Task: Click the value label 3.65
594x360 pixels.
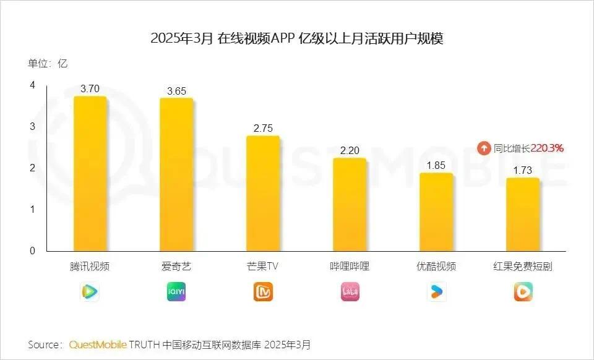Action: pyautogui.click(x=176, y=91)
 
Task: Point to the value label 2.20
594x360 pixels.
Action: pyautogui.click(x=350, y=150)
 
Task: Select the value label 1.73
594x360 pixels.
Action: pyautogui.click(x=523, y=170)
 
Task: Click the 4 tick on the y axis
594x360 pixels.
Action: pyautogui.click(x=32, y=85)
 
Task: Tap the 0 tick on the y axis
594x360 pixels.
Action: pyautogui.click(x=32, y=251)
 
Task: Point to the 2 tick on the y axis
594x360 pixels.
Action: pyautogui.click(x=32, y=168)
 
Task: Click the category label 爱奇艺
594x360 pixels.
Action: pyautogui.click(x=176, y=267)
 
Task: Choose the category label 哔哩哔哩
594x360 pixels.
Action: pyautogui.click(x=350, y=267)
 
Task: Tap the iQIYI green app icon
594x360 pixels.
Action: pyautogui.click(x=176, y=292)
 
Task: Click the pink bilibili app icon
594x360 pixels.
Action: pyautogui.click(x=350, y=292)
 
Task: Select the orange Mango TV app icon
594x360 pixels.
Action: pyautogui.click(x=263, y=292)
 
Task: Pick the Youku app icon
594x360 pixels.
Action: pyautogui.click(x=436, y=292)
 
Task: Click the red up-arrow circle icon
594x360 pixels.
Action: pyautogui.click(x=484, y=148)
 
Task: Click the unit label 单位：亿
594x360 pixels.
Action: pyautogui.click(x=47, y=63)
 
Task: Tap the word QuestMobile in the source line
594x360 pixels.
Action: pyautogui.click(x=98, y=344)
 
